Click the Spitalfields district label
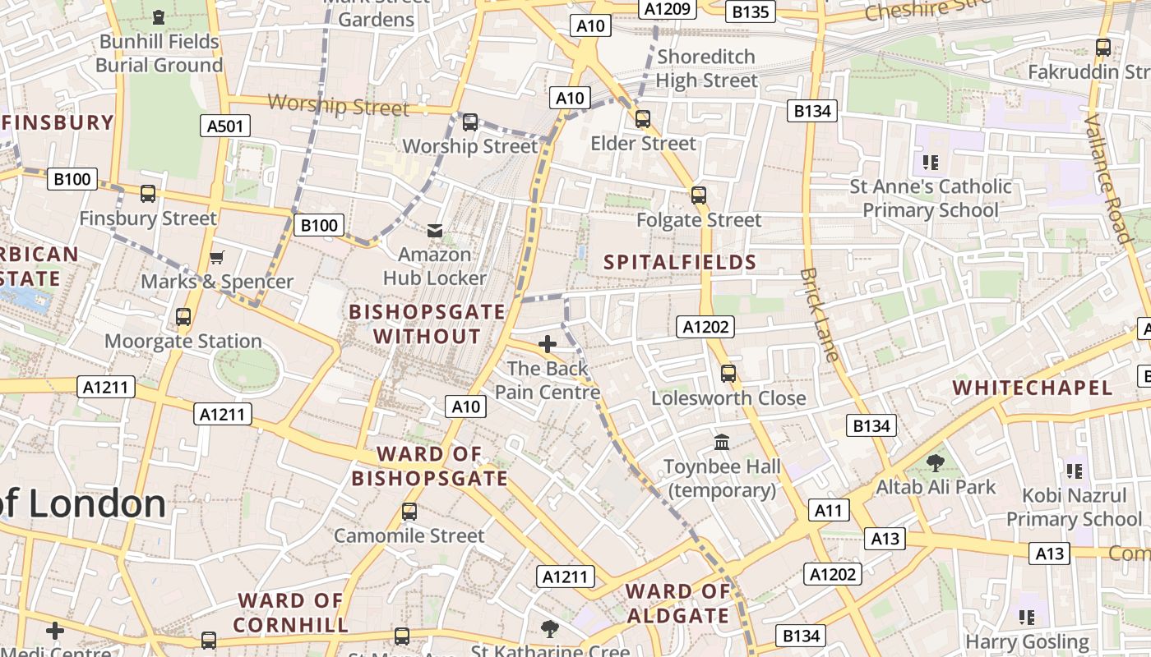pos(680,263)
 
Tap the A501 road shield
pos(224,126)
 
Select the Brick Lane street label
pos(820,315)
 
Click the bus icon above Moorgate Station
pos(183,317)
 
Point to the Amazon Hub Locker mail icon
pos(435,231)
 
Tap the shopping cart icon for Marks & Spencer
pos(217,258)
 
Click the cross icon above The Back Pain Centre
pos(548,343)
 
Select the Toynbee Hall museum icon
pos(722,443)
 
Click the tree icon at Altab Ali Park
pos(935,462)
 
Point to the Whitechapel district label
pos(1033,388)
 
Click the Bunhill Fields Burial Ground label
pos(159,53)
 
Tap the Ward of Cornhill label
pos(291,613)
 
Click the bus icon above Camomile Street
pos(409,512)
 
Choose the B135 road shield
pos(751,11)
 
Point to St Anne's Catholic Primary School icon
pos(931,162)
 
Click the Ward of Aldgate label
pos(677,604)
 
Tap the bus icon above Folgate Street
pos(699,195)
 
